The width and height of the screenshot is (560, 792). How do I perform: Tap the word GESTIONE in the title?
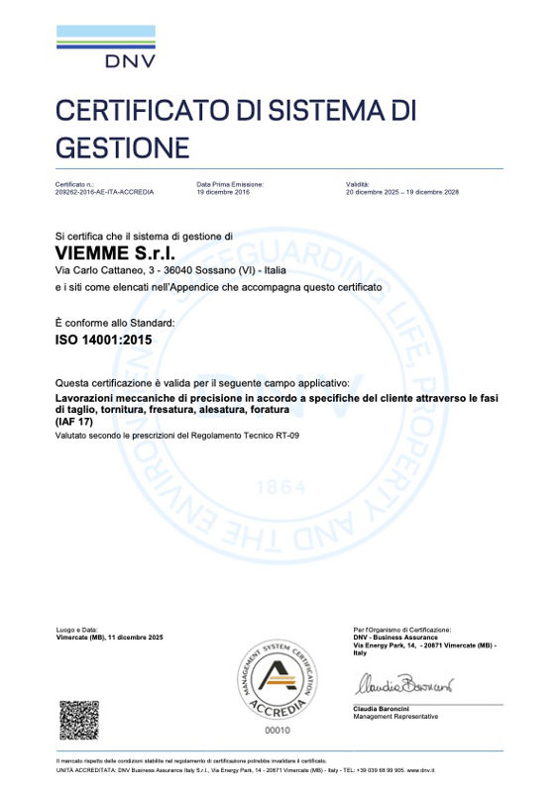tap(122, 148)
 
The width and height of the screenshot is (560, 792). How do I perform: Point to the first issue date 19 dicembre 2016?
tap(223, 192)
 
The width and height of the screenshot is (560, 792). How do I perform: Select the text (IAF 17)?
tap(73, 421)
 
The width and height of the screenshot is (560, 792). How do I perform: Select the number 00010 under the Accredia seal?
tap(280, 730)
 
